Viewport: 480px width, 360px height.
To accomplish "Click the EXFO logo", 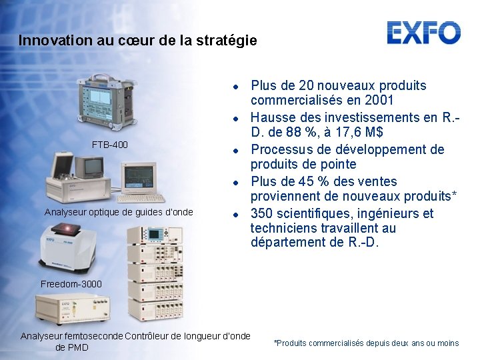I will (423, 33).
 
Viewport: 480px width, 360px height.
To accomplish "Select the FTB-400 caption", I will (110, 145).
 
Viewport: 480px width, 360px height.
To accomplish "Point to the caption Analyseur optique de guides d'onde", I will (118, 212).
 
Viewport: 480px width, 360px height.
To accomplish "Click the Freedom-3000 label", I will (71, 284).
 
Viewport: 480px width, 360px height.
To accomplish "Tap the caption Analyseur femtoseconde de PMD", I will (71, 341).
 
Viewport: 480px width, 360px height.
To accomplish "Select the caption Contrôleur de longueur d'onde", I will (187, 336).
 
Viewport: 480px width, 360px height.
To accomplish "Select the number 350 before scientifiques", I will (261, 213).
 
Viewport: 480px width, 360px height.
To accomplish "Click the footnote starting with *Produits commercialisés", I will (366, 343).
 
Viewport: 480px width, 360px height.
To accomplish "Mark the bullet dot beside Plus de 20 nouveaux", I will (236, 86).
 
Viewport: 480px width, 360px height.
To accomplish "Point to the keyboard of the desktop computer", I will (143, 197).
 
